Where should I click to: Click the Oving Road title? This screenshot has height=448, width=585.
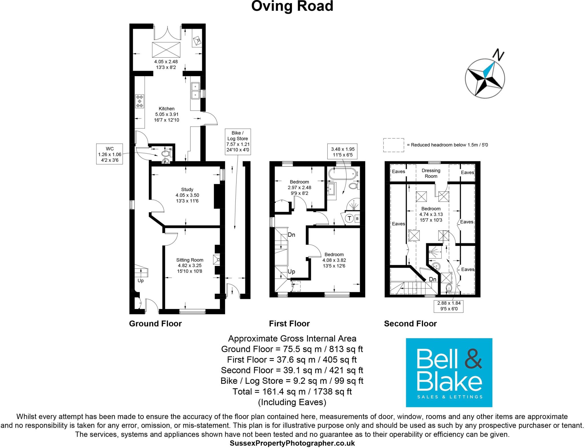(x=292, y=6)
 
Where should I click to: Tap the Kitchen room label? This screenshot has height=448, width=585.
(x=167, y=109)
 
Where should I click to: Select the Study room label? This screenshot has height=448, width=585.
(x=187, y=189)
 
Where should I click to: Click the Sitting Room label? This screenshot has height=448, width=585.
(x=190, y=260)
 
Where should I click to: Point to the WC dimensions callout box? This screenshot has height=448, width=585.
(x=110, y=154)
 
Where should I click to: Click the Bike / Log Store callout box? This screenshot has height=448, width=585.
(x=238, y=142)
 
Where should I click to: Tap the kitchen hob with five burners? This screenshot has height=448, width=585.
(x=140, y=101)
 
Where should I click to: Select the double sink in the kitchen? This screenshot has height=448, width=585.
(x=195, y=90)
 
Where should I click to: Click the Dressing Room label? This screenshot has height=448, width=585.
(x=431, y=173)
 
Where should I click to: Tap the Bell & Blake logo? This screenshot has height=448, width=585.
(x=449, y=372)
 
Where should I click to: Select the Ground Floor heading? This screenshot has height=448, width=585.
(x=155, y=324)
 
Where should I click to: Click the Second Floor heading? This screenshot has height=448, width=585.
(x=410, y=324)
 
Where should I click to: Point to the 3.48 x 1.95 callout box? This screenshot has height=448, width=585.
(x=343, y=152)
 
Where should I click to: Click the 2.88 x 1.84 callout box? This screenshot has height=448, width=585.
(x=449, y=306)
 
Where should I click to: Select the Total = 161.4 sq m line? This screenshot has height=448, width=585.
(x=292, y=392)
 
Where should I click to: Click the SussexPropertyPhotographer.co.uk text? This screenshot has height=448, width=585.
(x=292, y=443)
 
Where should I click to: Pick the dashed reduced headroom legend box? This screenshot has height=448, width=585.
(x=394, y=145)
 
